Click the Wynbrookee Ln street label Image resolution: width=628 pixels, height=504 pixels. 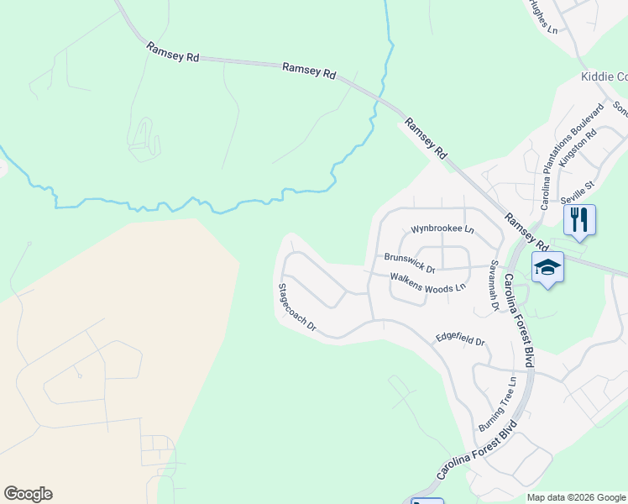442,229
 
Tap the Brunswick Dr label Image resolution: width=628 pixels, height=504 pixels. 410,264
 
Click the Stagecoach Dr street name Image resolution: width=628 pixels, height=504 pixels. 297,307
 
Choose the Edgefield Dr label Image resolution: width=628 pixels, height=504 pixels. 460,339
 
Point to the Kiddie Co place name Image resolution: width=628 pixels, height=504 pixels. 604,76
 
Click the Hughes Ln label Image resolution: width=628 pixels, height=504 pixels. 543,17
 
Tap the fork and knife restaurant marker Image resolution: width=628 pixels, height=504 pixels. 579,220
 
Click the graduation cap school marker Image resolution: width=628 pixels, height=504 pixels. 547,268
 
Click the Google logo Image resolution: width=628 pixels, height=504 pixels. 28,494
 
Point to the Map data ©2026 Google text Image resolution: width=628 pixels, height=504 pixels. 576,497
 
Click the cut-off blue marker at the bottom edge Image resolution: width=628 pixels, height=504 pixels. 427,501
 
